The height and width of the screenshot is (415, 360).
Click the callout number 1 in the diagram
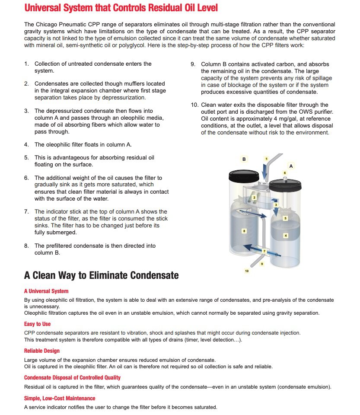pyautogui.click(x=267, y=159)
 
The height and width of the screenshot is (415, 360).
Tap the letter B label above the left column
pyautogui.click(x=244, y=159)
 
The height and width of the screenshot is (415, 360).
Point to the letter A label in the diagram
pyautogui.click(x=291, y=166)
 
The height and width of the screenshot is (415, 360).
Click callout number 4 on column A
pyautogui.click(x=285, y=236)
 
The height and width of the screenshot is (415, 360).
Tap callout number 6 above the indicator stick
pyautogui.click(x=285, y=173)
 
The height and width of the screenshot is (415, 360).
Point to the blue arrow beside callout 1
pyautogui.click(x=264, y=172)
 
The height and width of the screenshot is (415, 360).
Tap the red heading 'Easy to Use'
pyautogui.click(x=37, y=324)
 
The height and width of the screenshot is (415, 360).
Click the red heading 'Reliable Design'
pyautogui.click(x=42, y=351)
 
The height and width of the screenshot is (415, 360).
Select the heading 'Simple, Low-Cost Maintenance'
pyautogui.click(x=60, y=398)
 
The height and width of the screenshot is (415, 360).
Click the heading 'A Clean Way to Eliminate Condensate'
pyautogui.click(x=101, y=275)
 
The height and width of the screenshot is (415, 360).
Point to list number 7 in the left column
pyautogui.click(x=26, y=212)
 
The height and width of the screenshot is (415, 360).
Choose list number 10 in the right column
pyautogui.click(x=194, y=105)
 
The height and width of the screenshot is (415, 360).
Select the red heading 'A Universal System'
pyautogui.click(x=46, y=291)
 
